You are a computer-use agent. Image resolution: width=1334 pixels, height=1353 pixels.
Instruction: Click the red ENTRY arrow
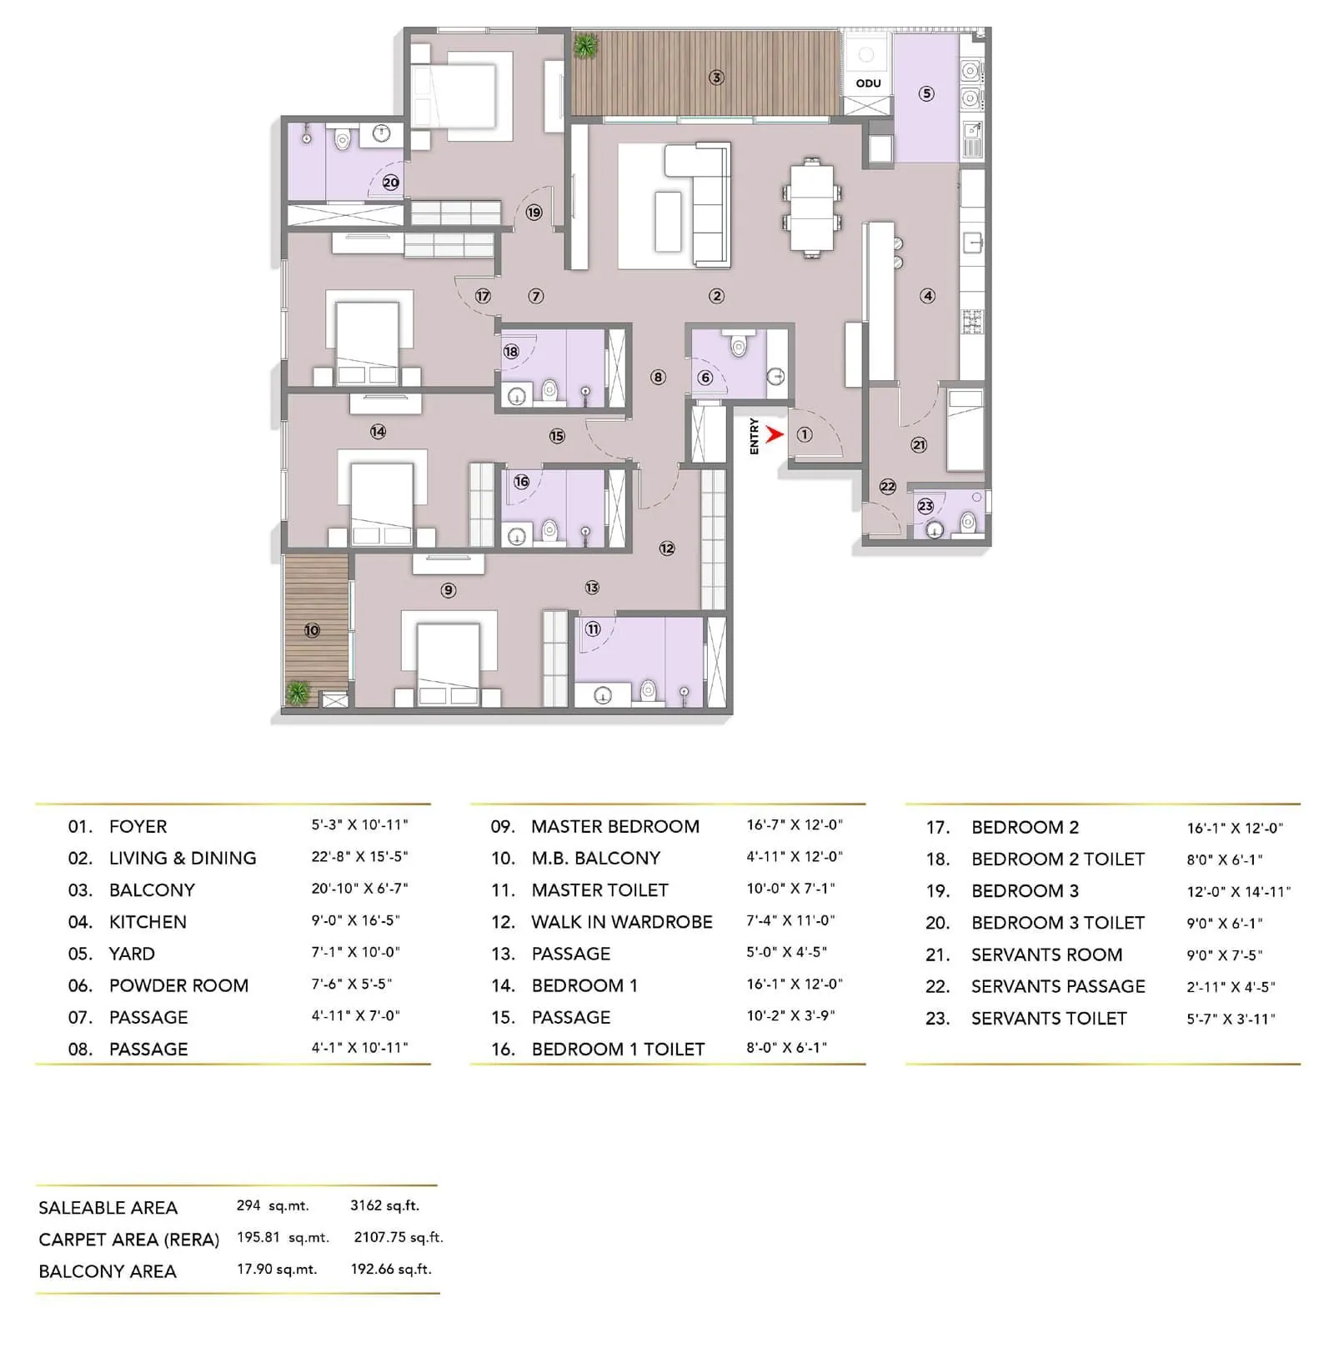click(x=775, y=434)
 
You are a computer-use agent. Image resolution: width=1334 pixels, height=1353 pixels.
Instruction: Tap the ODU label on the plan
click(x=868, y=83)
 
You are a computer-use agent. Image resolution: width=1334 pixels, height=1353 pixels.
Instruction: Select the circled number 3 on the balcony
click(x=716, y=78)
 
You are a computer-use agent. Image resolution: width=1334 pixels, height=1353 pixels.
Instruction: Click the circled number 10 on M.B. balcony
click(x=312, y=630)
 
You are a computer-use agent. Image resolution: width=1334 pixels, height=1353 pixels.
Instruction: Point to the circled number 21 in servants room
click(x=919, y=445)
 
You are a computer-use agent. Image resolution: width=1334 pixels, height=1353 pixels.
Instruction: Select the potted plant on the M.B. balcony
click(x=298, y=692)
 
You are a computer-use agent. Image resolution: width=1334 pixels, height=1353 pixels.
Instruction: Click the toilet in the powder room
click(x=738, y=344)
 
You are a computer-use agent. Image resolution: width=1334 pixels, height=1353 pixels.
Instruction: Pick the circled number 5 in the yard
click(x=926, y=93)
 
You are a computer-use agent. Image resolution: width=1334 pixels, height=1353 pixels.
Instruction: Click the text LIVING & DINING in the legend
click(x=183, y=858)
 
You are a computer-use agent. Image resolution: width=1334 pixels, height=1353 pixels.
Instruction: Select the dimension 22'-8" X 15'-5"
click(x=359, y=857)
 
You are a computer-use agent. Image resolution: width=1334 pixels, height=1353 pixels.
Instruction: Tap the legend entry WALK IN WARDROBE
click(x=622, y=922)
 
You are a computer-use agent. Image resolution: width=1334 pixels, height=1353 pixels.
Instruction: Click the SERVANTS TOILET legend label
click(x=1049, y=1018)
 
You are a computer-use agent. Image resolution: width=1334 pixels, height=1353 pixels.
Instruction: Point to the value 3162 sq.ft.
click(x=384, y=1205)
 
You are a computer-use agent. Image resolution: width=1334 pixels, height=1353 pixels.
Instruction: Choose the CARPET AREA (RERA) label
click(x=128, y=1240)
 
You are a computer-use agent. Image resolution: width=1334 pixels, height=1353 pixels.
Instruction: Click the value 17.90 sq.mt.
click(x=276, y=1270)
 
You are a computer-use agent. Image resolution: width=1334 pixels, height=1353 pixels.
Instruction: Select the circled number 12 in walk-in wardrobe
click(x=667, y=549)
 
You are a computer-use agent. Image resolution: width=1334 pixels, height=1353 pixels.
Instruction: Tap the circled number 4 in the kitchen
click(x=927, y=296)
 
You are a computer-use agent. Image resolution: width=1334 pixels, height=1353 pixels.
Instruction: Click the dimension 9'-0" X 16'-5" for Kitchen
click(x=355, y=920)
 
